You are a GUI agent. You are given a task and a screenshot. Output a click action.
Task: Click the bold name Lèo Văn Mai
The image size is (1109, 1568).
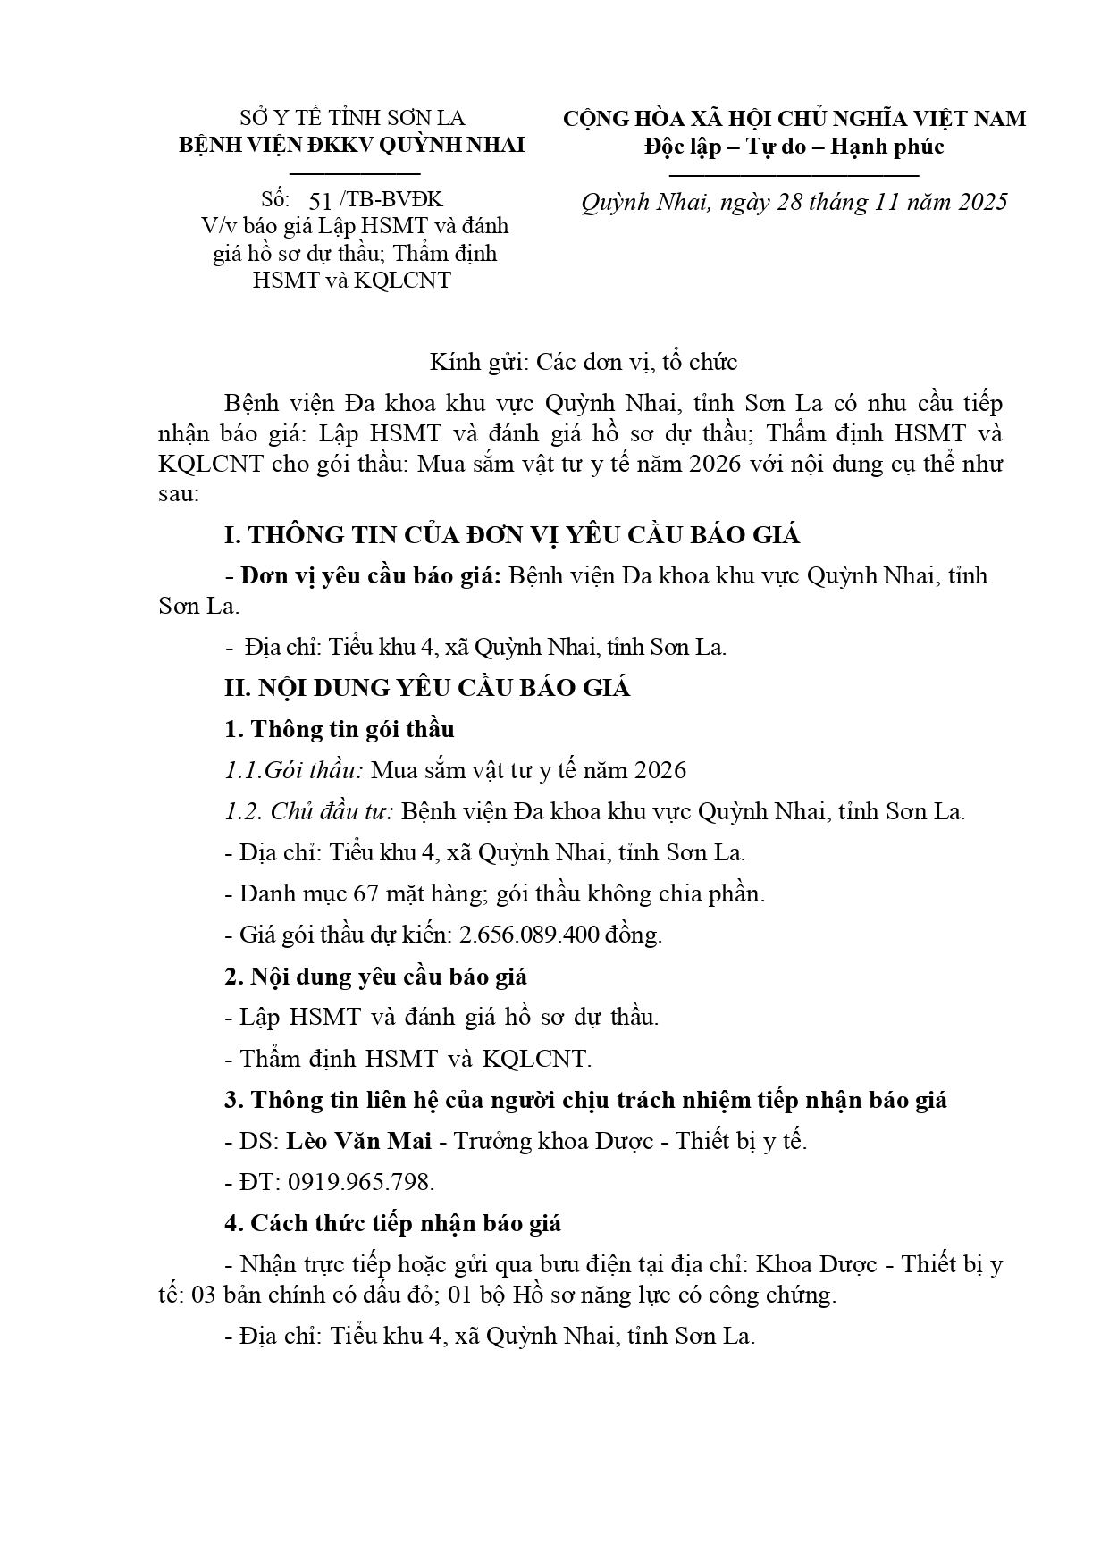point(358,1141)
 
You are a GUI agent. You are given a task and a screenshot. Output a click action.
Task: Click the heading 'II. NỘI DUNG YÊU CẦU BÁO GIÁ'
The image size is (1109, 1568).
point(426,688)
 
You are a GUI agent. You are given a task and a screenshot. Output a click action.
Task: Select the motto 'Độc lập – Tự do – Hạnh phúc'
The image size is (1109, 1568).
point(794,146)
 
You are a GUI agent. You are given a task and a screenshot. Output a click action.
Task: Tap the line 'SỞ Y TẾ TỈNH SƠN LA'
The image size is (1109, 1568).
point(352,119)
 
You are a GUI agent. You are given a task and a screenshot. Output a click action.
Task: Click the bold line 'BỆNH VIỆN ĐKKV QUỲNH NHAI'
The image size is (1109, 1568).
point(352,145)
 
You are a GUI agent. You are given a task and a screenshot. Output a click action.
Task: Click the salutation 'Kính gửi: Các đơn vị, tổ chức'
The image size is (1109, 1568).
point(583,362)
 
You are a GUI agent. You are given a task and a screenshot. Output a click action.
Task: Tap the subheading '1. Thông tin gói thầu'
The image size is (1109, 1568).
point(339,729)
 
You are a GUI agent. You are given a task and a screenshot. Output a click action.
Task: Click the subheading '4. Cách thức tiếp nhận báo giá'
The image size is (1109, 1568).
point(392,1223)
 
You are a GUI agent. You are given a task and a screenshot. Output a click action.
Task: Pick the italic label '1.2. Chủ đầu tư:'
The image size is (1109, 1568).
point(308,811)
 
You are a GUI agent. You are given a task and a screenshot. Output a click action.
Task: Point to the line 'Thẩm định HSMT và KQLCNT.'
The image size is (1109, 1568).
point(416,1059)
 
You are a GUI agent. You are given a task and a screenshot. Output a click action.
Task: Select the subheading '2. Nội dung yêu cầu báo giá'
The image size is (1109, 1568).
point(375,977)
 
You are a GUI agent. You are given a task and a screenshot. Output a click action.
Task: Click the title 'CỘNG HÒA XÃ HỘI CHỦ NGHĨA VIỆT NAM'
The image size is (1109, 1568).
point(794,119)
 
